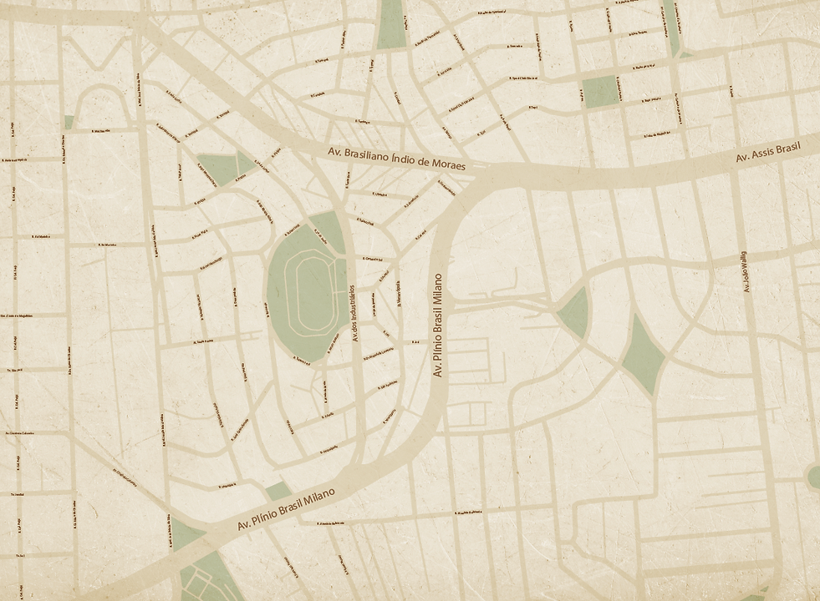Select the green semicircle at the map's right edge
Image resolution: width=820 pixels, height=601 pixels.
click(814, 477)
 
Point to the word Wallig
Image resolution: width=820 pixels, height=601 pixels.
click(746, 258)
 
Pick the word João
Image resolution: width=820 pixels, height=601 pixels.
click(746, 280)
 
